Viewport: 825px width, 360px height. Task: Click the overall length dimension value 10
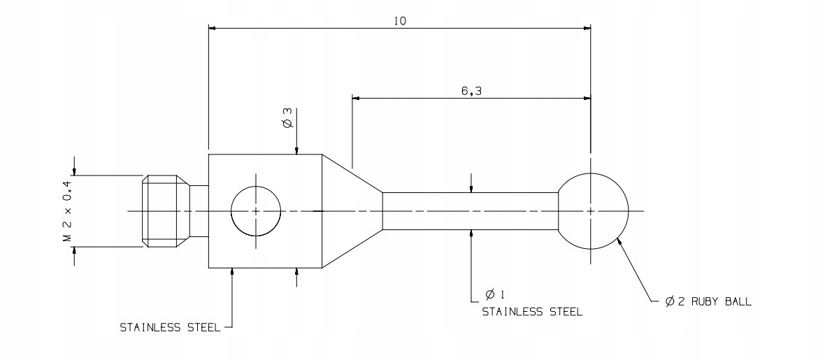pyautogui.click(x=400, y=20)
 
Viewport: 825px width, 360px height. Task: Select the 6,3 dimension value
pyautogui.click(x=471, y=90)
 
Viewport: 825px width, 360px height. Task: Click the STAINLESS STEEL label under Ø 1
pyautogui.click(x=531, y=312)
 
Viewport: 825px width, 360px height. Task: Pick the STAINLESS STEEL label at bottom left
pyautogui.click(x=170, y=326)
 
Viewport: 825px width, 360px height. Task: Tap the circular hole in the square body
pyautogui.click(x=256, y=210)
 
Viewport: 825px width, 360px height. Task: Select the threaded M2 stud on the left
pyautogui.click(x=165, y=210)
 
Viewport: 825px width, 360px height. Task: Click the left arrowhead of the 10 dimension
pyautogui.click(x=213, y=29)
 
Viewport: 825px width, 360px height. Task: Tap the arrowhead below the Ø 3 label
pyautogui.click(x=297, y=150)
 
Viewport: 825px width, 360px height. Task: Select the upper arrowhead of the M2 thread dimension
pyautogui.click(x=73, y=171)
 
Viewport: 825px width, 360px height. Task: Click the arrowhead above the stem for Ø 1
pyautogui.click(x=471, y=187)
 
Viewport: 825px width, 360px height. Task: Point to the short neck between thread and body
pyautogui.click(x=199, y=210)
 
